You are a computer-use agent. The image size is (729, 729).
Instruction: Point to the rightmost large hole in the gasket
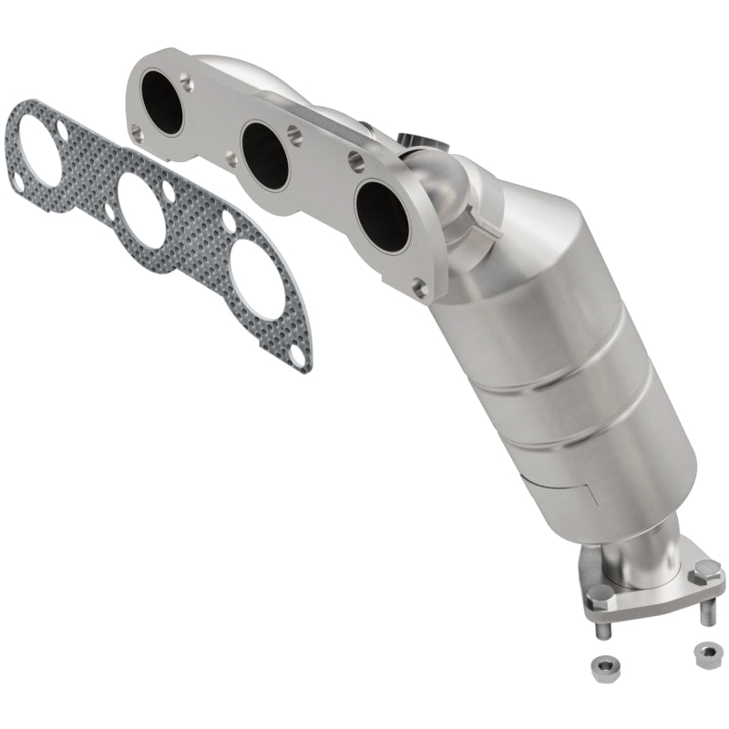(256, 286)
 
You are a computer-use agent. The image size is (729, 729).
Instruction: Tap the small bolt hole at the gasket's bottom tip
(295, 358)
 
